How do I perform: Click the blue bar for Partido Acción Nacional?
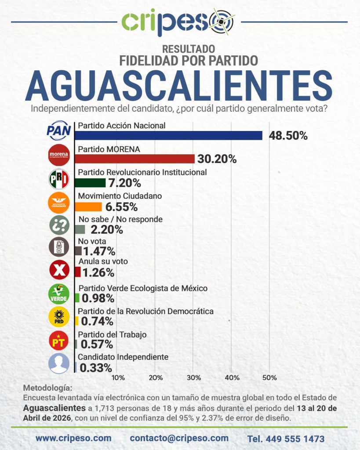click(x=169, y=135)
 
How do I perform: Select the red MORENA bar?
click(x=135, y=159)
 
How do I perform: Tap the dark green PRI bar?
click(x=91, y=182)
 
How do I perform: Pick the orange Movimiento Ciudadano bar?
click(x=89, y=207)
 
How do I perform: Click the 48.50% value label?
click(x=288, y=136)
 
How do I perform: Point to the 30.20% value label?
click(x=218, y=159)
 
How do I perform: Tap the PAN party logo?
click(x=59, y=131)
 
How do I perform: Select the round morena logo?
click(x=59, y=155)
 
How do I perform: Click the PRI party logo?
click(x=59, y=178)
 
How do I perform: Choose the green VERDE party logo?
click(x=59, y=294)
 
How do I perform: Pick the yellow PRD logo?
click(x=59, y=318)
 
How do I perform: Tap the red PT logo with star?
click(x=59, y=341)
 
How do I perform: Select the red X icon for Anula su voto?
click(x=59, y=271)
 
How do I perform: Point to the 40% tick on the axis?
click(x=232, y=377)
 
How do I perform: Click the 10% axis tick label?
click(x=118, y=377)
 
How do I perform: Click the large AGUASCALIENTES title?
click(x=179, y=86)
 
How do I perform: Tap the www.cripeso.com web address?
click(x=73, y=438)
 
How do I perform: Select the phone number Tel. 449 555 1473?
click(x=286, y=439)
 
